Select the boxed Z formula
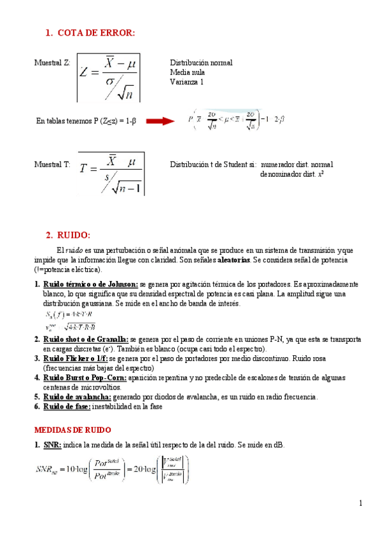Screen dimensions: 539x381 point(109,77)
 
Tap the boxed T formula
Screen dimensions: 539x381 point(111,174)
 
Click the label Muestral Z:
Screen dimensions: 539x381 point(52,63)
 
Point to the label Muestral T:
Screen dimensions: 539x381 point(52,164)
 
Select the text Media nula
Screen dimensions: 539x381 point(187,72)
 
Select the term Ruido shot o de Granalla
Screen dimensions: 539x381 point(86,340)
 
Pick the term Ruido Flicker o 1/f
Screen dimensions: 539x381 point(80,358)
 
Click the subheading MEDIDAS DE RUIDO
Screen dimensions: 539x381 point(73,430)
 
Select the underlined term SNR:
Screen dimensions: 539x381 point(52,444)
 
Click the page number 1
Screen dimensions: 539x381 point(360,503)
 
